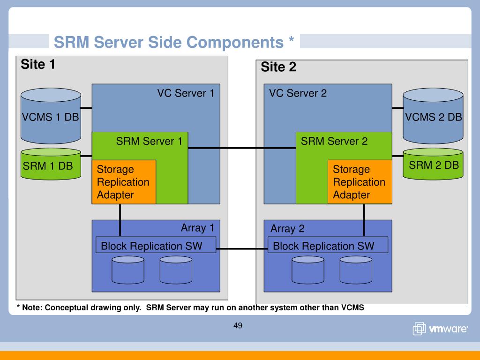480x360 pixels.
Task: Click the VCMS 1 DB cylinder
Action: (x=51, y=116)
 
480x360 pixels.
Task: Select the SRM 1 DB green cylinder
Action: (x=51, y=164)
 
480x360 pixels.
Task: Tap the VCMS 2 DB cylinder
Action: (x=433, y=116)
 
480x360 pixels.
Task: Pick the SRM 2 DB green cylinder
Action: (x=433, y=164)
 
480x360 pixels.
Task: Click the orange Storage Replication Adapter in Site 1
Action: (x=124, y=182)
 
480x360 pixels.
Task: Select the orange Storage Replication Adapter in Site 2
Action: (x=360, y=182)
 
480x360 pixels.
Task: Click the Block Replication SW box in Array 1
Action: (x=156, y=245)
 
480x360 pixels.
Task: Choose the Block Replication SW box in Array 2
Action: (x=328, y=245)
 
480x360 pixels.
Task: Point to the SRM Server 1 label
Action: (x=149, y=141)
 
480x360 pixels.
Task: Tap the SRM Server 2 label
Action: (x=334, y=141)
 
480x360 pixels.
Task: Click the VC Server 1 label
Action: (x=186, y=93)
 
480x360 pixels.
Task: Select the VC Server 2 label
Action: (x=298, y=93)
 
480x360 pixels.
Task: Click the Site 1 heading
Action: (x=38, y=64)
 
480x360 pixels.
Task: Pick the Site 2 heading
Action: (x=278, y=67)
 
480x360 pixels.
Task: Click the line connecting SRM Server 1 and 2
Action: (x=242, y=148)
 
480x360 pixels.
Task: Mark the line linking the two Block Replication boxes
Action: (x=242, y=249)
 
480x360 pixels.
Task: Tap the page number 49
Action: (x=238, y=325)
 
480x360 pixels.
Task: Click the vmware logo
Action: (x=440, y=329)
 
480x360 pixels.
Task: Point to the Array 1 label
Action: (x=197, y=228)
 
